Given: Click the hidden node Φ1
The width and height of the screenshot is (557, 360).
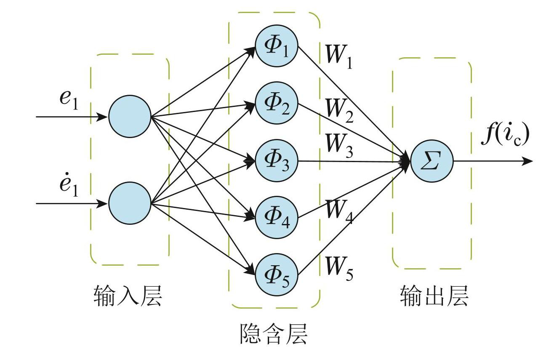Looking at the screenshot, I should coord(277,46).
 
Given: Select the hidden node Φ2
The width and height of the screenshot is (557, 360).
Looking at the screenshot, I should coord(277,103).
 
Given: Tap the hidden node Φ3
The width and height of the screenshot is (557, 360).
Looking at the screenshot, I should coord(277,161).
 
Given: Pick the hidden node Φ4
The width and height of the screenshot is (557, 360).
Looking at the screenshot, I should coord(277,218).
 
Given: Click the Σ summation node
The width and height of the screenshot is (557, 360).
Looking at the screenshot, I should coord(432,161).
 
